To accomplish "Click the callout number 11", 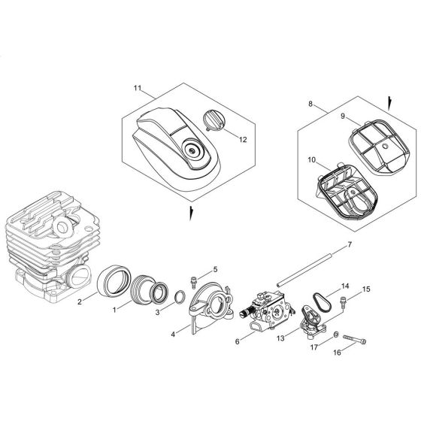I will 138,89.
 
